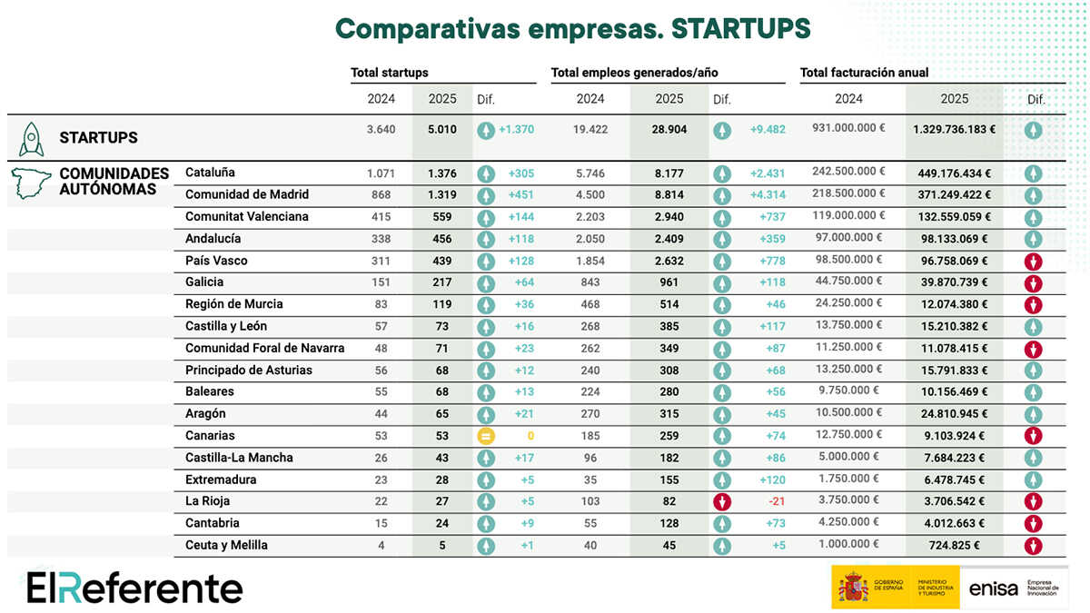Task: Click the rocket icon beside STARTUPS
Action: coord(32,138)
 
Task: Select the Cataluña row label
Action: coord(210,173)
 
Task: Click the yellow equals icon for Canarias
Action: coord(486,436)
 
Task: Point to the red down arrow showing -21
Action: coord(722,501)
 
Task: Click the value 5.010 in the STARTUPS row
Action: coord(442,130)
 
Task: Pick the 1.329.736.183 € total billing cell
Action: coord(954,130)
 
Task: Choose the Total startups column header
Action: coord(390,73)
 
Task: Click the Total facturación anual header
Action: coord(864,73)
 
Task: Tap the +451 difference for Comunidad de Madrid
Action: coord(520,194)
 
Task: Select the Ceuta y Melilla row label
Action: coord(226,545)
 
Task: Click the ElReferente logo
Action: coord(134,588)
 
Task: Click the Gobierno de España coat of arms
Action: coord(853,588)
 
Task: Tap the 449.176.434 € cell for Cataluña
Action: coord(954,173)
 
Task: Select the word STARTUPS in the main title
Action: coord(740,28)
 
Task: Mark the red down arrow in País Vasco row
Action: coord(1033,262)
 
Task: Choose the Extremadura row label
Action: coord(221,480)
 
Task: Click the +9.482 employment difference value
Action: coord(768,130)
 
